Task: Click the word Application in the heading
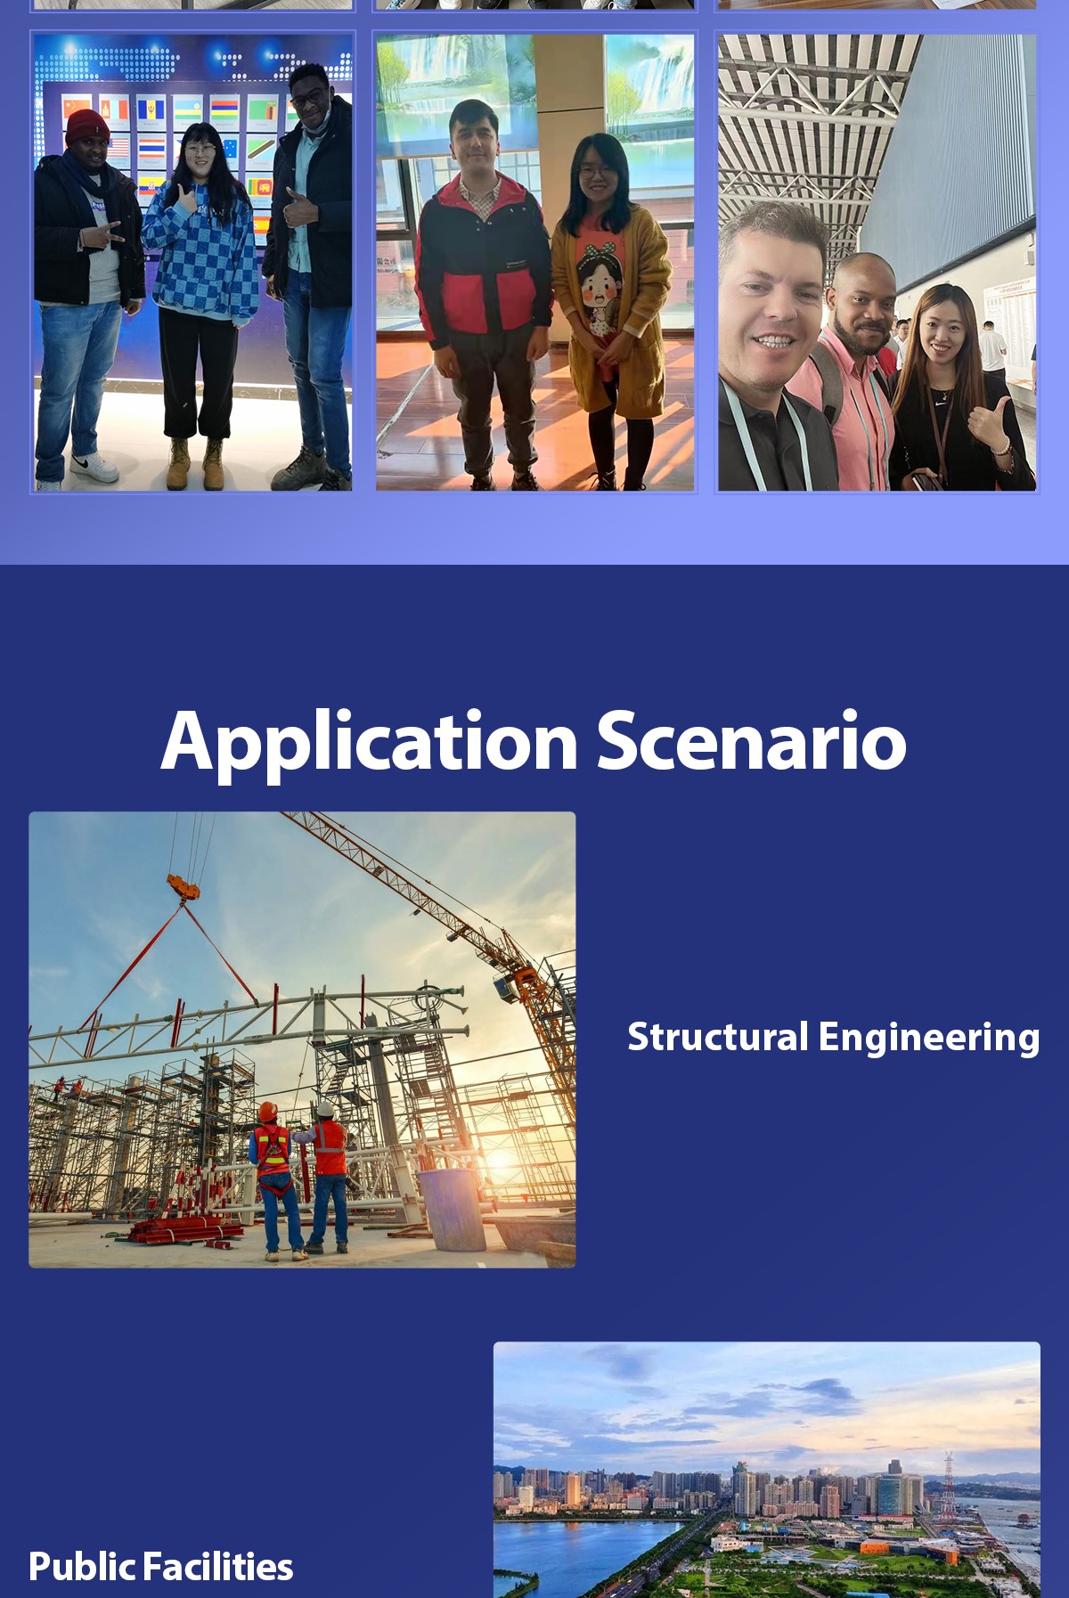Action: (370, 742)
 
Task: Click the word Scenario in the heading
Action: (752, 740)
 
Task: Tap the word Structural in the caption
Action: (718, 1037)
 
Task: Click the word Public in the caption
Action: (82, 1567)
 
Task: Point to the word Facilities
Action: (217, 1567)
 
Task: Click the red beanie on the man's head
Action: (86, 126)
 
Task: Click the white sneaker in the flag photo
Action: (94, 467)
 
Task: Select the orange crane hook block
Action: (184, 886)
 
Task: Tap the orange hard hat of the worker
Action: (268, 1112)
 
